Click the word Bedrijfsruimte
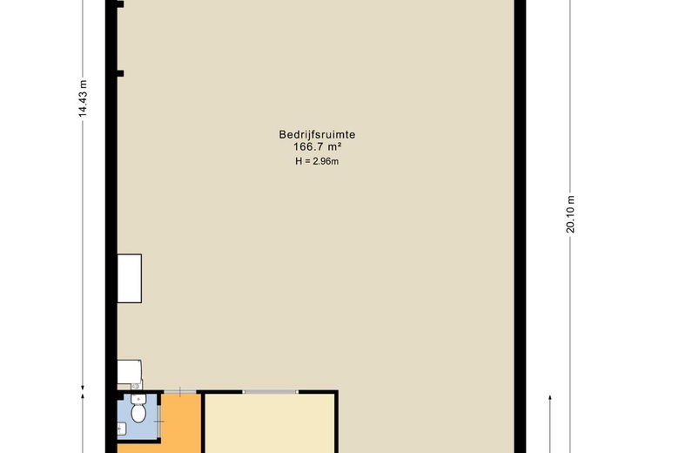click(x=317, y=134)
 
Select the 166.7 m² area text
click(x=318, y=146)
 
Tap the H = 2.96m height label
click(x=317, y=161)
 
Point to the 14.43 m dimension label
click(x=84, y=98)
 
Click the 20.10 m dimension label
click(x=570, y=214)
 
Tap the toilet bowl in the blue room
click(x=138, y=413)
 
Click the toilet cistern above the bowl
click(x=138, y=399)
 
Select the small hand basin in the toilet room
click(x=121, y=429)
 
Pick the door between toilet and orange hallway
click(x=159, y=421)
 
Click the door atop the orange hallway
click(x=180, y=392)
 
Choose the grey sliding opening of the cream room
click(x=270, y=392)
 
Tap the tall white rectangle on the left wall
click(x=130, y=278)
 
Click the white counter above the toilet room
click(x=129, y=371)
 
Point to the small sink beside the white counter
click(x=137, y=385)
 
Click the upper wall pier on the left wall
click(x=120, y=4)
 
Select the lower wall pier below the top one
click(x=120, y=74)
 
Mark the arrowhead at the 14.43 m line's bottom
click(x=84, y=388)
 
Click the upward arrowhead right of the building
click(x=550, y=397)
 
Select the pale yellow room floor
click(x=270, y=423)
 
